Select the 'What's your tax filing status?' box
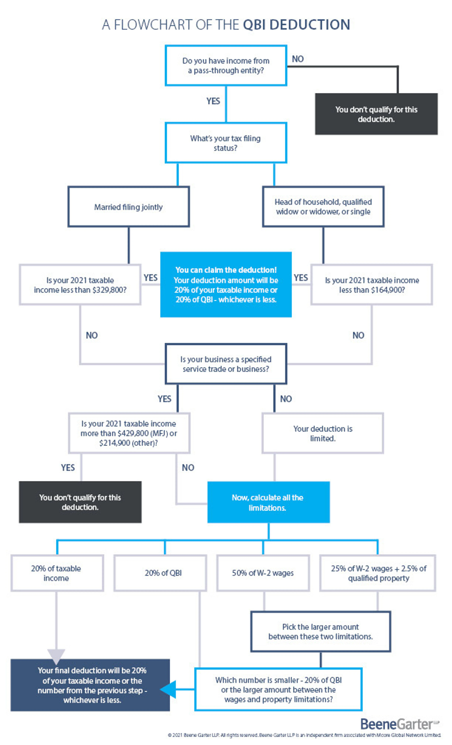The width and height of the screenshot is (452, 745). (226, 143)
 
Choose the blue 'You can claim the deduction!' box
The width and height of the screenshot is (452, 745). (226, 285)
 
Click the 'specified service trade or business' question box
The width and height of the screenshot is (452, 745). (226, 364)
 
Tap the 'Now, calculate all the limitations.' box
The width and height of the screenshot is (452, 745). (269, 502)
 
